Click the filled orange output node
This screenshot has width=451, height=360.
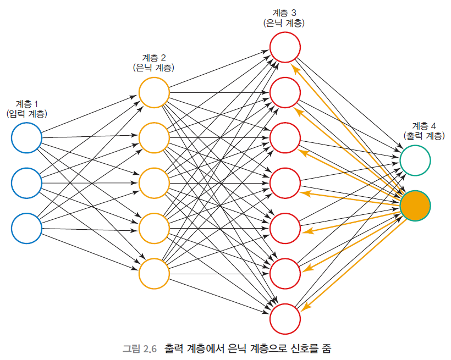415,205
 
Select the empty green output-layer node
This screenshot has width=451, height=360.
415,160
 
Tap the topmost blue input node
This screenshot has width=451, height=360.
26,137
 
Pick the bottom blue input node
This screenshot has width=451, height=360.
26,228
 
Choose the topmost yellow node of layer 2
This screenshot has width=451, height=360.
154,92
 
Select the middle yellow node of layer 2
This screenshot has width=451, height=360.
154,183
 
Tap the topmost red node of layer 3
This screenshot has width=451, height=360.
285,48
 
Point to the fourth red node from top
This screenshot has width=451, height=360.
285,182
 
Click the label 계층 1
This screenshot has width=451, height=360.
27,104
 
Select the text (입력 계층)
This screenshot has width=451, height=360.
27,114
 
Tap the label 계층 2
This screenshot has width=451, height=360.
154,58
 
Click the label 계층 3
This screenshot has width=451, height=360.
284,12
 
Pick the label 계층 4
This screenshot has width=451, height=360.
424,125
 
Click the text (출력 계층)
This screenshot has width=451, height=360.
424,135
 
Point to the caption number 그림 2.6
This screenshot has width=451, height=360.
140,348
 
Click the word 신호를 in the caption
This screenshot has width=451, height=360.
298,348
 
